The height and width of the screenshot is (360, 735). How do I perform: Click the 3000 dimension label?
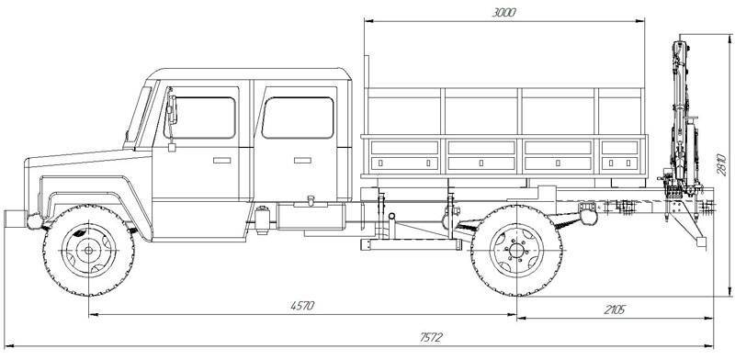(503, 13)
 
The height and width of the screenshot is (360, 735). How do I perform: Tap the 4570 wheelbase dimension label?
(302, 306)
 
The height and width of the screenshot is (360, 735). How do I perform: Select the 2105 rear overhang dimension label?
(614, 309)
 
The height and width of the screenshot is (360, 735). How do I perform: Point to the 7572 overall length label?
(431, 338)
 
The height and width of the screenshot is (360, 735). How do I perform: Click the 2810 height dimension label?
(722, 164)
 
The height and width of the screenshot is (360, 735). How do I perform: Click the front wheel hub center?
(88, 251)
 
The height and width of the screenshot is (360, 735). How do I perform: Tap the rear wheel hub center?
(516, 251)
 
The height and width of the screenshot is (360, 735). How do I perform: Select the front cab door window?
(200, 118)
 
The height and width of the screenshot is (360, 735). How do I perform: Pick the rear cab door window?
(298, 118)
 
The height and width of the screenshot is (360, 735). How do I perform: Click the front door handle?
(221, 161)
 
